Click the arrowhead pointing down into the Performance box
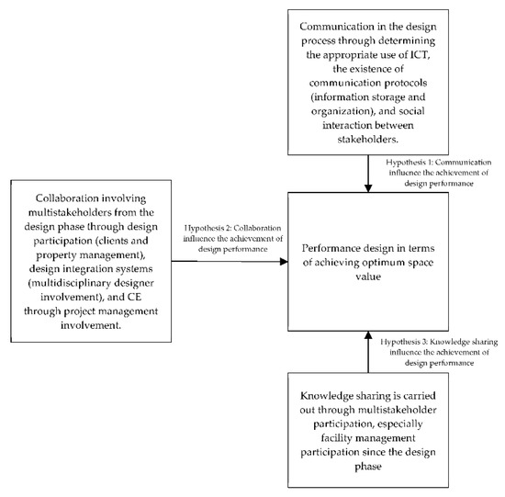point(368,188)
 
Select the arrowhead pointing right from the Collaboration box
point(281,261)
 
